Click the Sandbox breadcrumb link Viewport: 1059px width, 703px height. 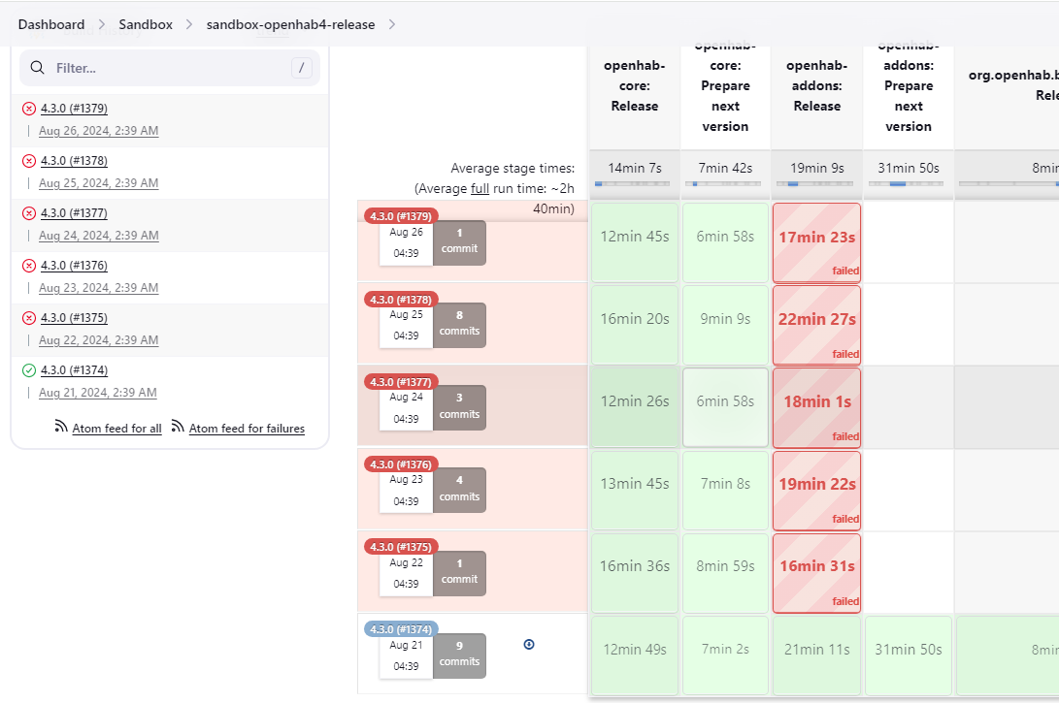tap(146, 24)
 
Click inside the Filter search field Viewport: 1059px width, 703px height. tap(170, 68)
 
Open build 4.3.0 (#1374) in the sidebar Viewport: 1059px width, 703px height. tap(74, 370)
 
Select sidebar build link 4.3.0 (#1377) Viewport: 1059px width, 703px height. tap(74, 213)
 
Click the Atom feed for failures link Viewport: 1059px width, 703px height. tap(247, 429)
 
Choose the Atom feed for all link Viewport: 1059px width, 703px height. tap(116, 429)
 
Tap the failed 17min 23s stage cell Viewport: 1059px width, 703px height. tap(816, 242)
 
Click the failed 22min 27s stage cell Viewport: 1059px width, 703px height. tap(816, 325)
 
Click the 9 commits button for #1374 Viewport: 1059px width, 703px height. tap(459, 655)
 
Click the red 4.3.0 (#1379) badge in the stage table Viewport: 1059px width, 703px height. tap(402, 216)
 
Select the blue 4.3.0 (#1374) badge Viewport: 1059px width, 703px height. tap(402, 628)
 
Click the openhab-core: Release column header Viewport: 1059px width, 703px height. tap(635, 86)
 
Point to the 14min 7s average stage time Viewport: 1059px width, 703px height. tap(634, 168)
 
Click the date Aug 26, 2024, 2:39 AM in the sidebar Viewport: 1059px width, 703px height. tap(98, 131)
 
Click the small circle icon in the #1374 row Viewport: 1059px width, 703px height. tap(529, 644)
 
